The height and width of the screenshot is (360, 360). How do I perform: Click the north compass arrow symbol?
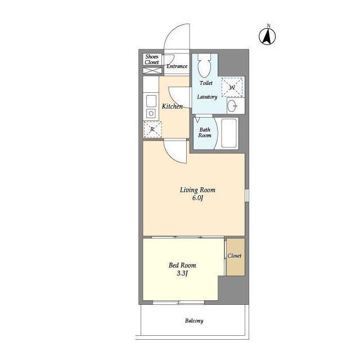coord(267,36)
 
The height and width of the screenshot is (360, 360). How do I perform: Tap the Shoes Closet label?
coord(152,59)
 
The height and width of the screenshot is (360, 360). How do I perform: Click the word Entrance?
coord(177,66)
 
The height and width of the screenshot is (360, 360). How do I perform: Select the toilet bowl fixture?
coord(204,65)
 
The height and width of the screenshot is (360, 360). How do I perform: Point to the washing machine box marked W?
coord(232,87)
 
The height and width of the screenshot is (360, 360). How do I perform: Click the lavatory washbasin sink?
coord(232,106)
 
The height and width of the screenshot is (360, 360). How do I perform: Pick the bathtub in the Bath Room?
coord(229,133)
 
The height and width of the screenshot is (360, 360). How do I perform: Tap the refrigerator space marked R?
coord(152,129)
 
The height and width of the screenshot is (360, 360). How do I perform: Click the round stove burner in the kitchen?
coord(151,114)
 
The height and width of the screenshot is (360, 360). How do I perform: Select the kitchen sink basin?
coord(151,101)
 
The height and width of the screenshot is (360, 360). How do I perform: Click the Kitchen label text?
coord(172,106)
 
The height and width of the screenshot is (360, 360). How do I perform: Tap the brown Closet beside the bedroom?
coord(236,257)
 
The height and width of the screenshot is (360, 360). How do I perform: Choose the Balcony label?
coord(194,321)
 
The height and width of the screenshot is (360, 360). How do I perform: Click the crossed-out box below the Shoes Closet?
coord(152,70)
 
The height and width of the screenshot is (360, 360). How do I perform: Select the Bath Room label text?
coord(205,133)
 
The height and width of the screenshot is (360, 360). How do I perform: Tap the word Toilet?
coord(206,83)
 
